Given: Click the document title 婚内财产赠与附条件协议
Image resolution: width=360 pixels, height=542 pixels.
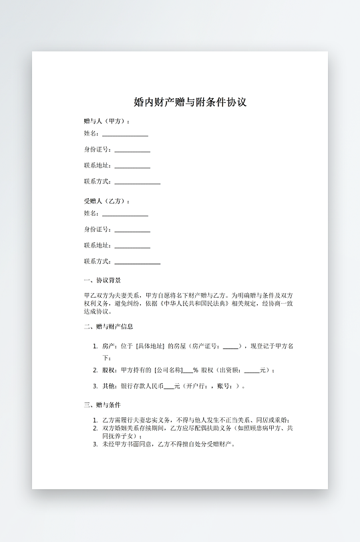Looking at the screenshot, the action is tap(190, 103).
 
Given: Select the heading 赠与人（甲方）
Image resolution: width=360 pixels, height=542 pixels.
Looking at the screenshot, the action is tap(107, 121).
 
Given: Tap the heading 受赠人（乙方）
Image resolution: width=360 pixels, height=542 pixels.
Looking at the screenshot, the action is tap(107, 201).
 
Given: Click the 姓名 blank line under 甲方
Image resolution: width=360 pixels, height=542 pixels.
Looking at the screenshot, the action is tap(125, 135).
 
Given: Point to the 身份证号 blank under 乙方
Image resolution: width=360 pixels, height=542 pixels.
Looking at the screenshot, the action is tap(132, 231).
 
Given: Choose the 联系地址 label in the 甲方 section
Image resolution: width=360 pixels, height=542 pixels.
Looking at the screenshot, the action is tap(98, 166).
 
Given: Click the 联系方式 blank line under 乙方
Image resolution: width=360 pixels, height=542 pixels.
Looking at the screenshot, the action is tap(138, 263).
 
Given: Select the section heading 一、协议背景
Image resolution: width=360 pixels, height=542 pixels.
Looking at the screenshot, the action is tap(102, 281).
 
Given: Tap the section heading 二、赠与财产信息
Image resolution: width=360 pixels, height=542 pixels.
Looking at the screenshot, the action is tap(108, 327).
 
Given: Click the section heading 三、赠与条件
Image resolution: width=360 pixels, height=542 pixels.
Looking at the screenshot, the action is tap(102, 405).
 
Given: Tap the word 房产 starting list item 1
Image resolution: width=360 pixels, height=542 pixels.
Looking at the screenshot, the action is tap(108, 346).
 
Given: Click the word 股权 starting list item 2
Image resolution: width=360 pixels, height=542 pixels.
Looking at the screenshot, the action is tap(108, 370).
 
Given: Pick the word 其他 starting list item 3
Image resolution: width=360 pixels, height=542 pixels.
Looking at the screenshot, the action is tap(108, 386).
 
